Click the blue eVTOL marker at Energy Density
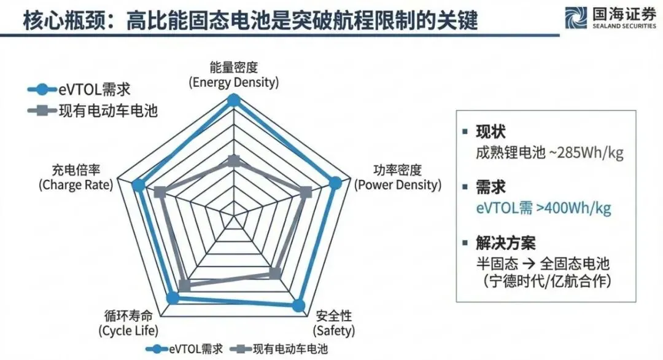[233, 100]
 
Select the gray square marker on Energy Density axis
[233, 161]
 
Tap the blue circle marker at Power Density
[335, 182]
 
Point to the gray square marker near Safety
[275, 272]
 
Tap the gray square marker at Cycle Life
[184, 284]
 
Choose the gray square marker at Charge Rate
[160, 192]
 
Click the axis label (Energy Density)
[233, 82]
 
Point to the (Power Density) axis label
[398, 184]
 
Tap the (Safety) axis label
[334, 331]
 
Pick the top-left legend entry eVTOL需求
[80, 89]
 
